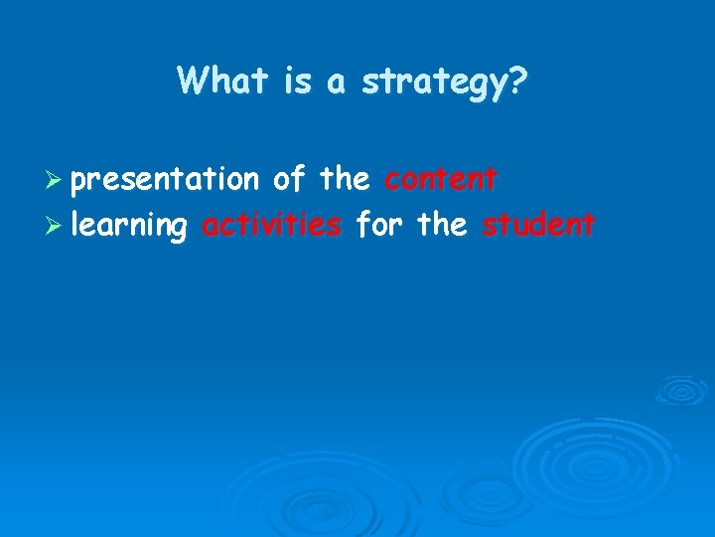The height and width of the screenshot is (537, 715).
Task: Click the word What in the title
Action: (x=223, y=81)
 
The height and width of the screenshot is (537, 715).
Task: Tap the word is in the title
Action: (x=297, y=81)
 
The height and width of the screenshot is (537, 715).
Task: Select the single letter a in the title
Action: (x=337, y=83)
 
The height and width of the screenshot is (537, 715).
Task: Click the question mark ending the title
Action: (x=519, y=81)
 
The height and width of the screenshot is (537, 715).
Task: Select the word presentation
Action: (x=165, y=180)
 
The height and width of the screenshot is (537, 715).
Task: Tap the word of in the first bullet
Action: (x=289, y=179)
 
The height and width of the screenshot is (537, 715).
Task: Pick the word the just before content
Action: (x=345, y=179)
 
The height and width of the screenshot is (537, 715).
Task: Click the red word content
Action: (x=441, y=179)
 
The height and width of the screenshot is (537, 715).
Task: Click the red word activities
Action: (x=271, y=225)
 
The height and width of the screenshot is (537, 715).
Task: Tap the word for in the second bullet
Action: (x=378, y=225)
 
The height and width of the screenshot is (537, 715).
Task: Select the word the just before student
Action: (x=442, y=225)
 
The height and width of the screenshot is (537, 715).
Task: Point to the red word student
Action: (x=539, y=225)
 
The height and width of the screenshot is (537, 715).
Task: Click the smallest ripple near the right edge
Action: (x=681, y=389)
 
